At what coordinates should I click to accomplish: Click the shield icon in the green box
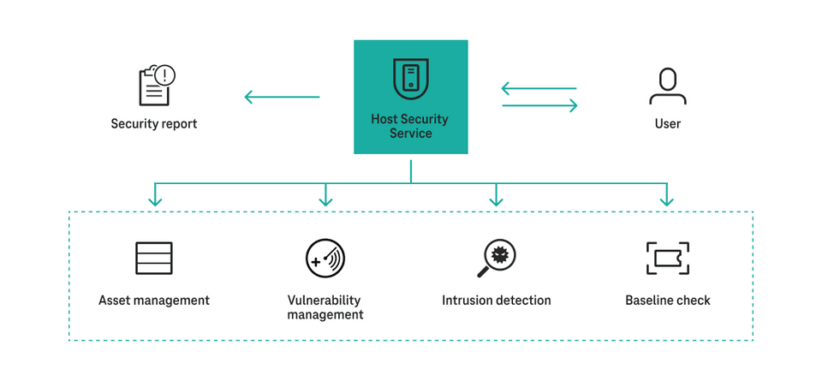pyautogui.click(x=411, y=79)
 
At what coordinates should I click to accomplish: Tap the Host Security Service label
pyautogui.click(x=410, y=127)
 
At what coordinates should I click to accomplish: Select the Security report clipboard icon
pyautogui.click(x=155, y=86)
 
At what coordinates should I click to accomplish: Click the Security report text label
pyautogui.click(x=154, y=124)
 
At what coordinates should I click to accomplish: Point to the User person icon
pyautogui.click(x=667, y=86)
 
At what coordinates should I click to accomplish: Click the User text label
pyautogui.click(x=667, y=124)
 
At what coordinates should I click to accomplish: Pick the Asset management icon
pyautogui.click(x=154, y=258)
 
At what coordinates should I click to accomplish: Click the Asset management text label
pyautogui.click(x=154, y=301)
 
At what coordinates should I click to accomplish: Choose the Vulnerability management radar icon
pyautogui.click(x=325, y=258)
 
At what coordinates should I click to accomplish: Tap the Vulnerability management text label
pyautogui.click(x=325, y=307)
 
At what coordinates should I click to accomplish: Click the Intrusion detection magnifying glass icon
pyautogui.click(x=497, y=258)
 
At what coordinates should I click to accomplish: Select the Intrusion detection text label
pyautogui.click(x=497, y=301)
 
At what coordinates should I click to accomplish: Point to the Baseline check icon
pyautogui.click(x=667, y=258)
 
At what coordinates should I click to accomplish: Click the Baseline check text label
pyautogui.click(x=668, y=301)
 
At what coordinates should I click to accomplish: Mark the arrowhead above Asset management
pyautogui.click(x=155, y=201)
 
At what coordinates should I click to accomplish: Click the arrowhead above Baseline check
pyautogui.click(x=667, y=201)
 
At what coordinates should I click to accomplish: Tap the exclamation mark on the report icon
pyautogui.click(x=166, y=75)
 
